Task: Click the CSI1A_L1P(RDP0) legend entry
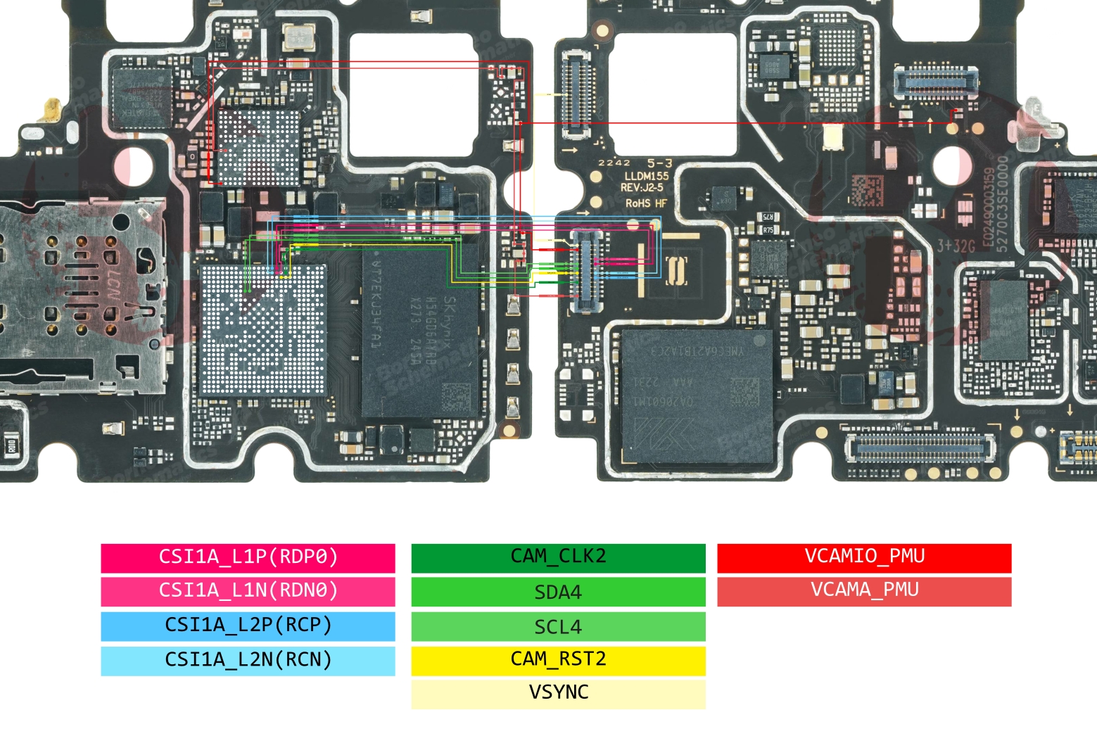248,557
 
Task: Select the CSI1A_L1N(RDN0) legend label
248,591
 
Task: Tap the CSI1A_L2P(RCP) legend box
248,626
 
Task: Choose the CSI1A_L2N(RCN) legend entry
248,660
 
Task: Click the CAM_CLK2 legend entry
558,557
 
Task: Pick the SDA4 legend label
558,592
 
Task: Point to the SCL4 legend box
558,626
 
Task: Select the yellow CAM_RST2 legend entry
558,660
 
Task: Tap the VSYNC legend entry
558,693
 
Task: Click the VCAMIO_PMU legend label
864,557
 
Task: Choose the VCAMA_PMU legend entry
864,591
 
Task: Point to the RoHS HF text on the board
646,203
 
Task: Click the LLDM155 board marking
647,176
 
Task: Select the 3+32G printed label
956,246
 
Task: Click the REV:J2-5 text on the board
642,188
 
